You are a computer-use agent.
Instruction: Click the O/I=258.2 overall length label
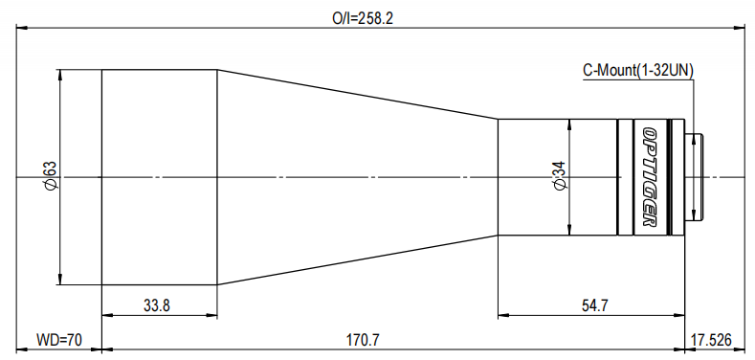[363, 18]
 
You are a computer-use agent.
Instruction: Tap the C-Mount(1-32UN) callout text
[638, 71]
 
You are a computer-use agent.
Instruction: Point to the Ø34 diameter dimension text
[560, 175]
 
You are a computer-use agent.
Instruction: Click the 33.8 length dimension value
[157, 305]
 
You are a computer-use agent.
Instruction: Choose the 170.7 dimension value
[363, 340]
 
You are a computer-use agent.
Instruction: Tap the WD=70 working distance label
[59, 340]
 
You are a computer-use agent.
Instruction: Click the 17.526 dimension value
[711, 340]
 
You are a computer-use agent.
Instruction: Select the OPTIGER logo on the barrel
[650, 177]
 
